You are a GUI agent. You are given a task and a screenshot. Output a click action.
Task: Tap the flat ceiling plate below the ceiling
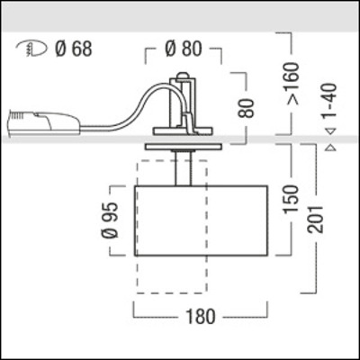point(183,147)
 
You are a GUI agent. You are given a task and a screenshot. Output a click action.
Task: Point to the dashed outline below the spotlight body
point(171,274)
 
